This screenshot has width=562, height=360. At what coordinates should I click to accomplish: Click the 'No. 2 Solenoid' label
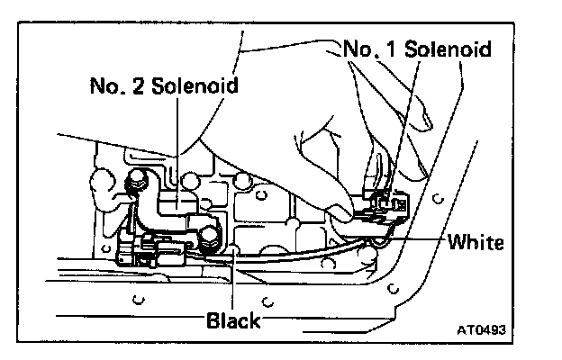pyautogui.click(x=163, y=86)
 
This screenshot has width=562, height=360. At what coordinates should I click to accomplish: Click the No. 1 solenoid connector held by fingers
pyautogui.click(x=385, y=206)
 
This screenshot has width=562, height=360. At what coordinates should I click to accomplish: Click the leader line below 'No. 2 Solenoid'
pyautogui.click(x=177, y=144)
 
